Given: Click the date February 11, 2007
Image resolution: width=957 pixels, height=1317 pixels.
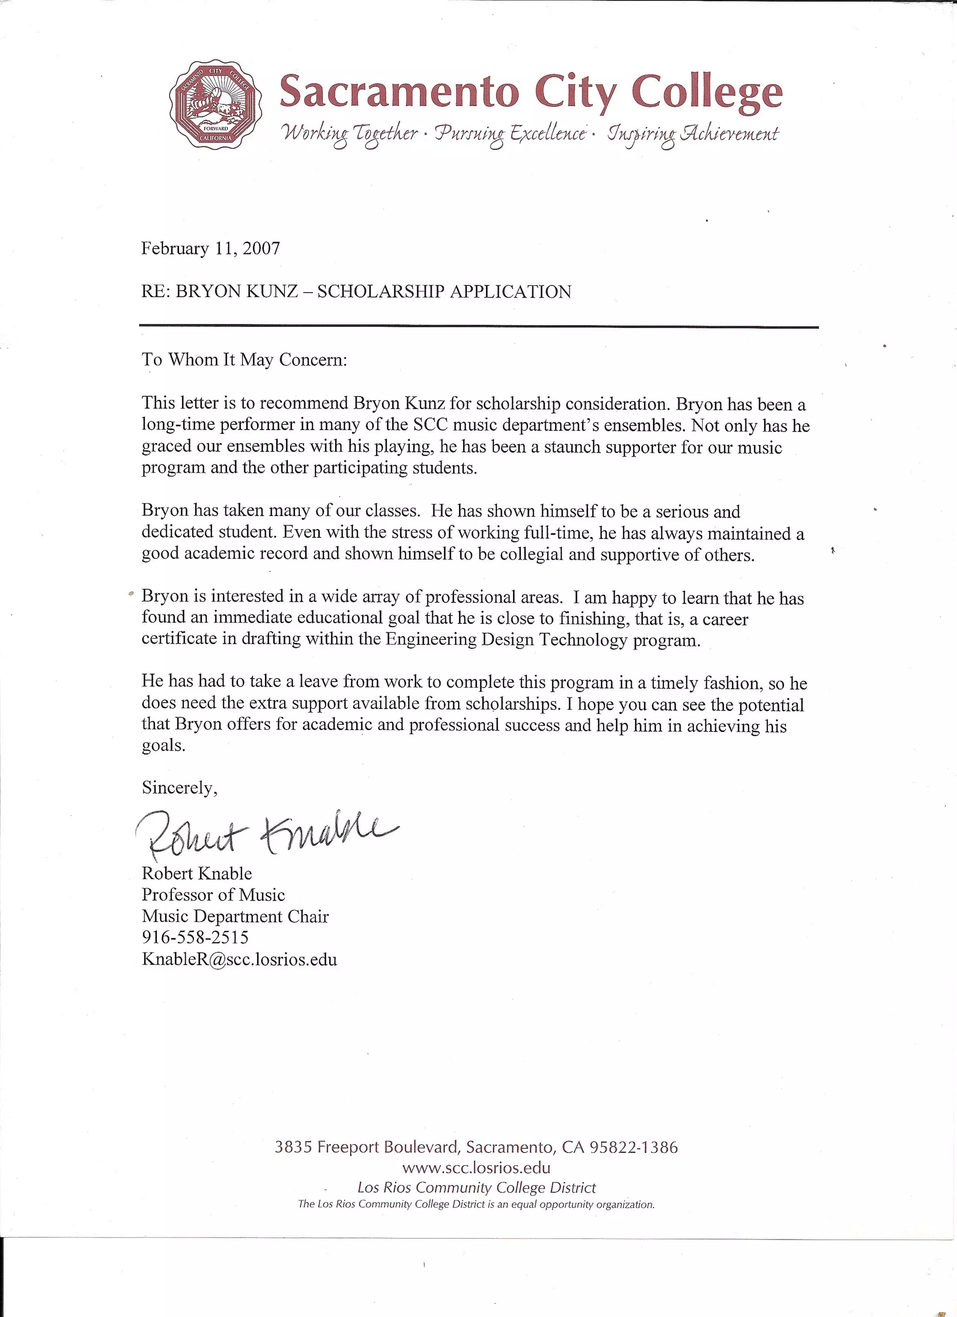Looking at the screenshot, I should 211,249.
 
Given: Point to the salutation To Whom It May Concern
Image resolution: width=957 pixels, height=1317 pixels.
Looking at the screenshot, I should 244,359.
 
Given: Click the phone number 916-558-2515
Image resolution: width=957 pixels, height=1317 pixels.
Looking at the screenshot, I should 195,937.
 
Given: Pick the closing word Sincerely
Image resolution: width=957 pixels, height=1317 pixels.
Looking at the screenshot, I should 179,787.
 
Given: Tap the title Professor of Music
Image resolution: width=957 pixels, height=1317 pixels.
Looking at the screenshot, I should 213,895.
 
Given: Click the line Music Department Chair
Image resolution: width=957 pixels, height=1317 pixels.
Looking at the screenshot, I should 235,916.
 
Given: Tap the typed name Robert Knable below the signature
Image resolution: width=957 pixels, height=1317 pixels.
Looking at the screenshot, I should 197,873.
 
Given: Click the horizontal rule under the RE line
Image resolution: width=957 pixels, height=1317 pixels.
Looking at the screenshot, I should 478,327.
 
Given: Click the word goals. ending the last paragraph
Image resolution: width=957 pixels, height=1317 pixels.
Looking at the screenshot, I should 163,745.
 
